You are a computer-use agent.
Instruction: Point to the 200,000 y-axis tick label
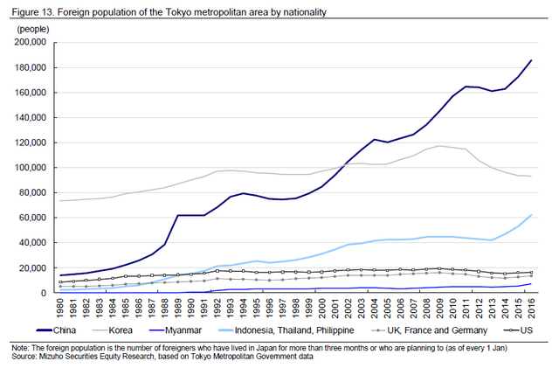coord(31,42)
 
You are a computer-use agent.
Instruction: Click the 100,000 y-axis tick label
coord(31,168)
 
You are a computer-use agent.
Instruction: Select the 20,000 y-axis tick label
coord(33,267)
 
